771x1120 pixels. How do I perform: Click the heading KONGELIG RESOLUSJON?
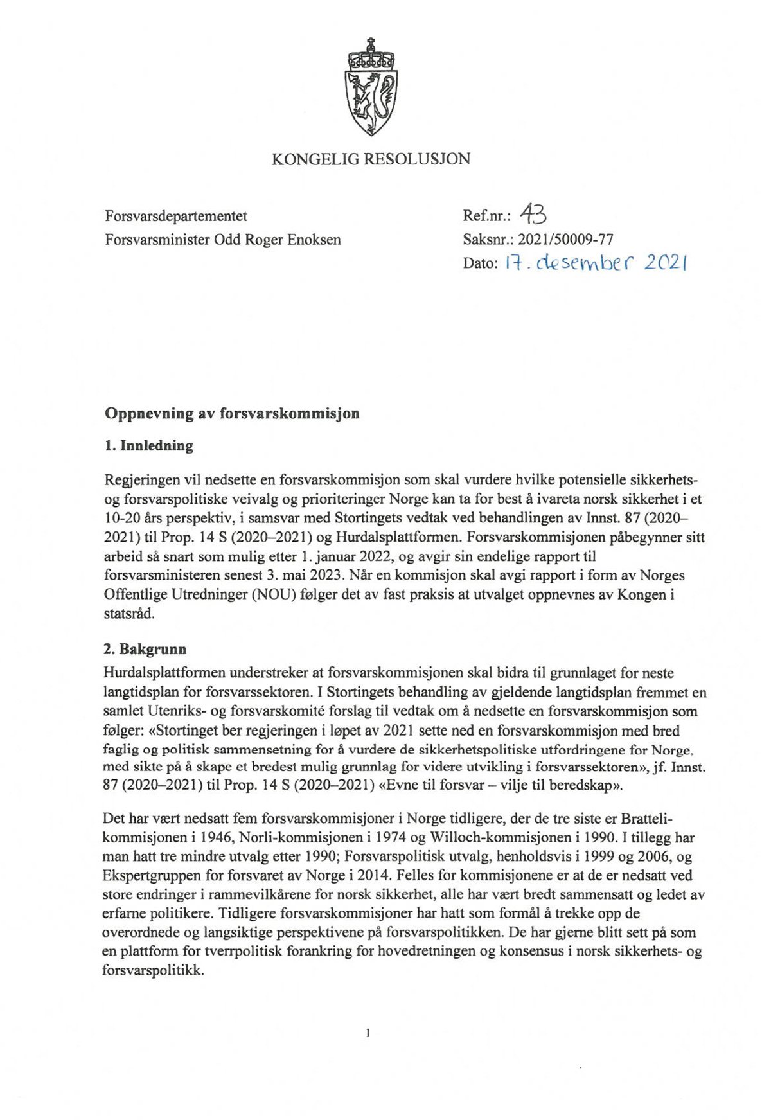point(371,159)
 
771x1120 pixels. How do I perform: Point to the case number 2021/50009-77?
point(565,240)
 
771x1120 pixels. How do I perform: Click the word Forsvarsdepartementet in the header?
point(176,217)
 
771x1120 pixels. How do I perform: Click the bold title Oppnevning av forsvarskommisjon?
point(232,413)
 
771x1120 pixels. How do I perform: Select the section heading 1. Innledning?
point(148,445)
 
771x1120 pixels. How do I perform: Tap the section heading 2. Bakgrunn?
point(145,649)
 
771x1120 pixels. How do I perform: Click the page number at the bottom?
point(368,1034)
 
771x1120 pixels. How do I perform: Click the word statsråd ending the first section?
point(129,613)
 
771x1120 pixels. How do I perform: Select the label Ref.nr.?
point(486,217)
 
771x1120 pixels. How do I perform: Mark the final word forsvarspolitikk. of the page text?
point(153,970)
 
